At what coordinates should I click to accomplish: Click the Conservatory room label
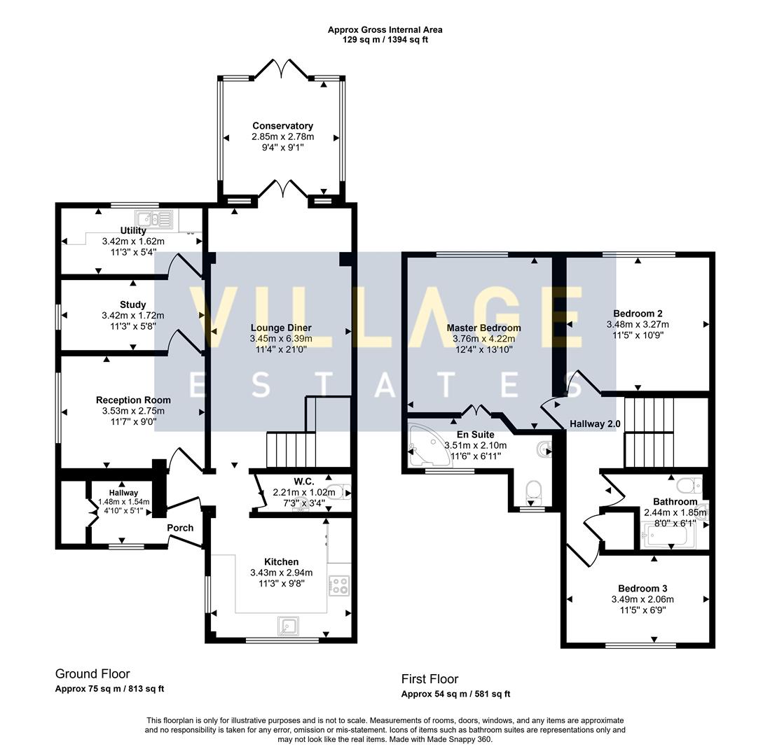pyautogui.click(x=282, y=126)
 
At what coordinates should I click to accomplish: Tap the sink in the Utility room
pyautogui.click(x=153, y=220)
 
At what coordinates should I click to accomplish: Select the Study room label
pyautogui.click(x=132, y=304)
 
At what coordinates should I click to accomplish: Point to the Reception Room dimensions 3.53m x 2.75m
pyautogui.click(x=133, y=411)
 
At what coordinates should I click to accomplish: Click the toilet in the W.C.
pyautogui.click(x=339, y=491)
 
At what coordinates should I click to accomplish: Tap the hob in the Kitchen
pyautogui.click(x=339, y=584)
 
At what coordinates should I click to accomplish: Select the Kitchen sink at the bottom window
pyautogui.click(x=288, y=626)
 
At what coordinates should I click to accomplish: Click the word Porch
pyautogui.click(x=180, y=528)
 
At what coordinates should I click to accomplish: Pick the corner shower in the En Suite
pyautogui.click(x=428, y=445)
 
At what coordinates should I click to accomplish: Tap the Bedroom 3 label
pyautogui.click(x=642, y=588)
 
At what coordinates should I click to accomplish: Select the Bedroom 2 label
pyautogui.click(x=638, y=314)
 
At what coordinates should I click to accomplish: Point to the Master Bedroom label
pyautogui.click(x=483, y=328)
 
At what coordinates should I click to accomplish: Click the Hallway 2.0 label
pyautogui.click(x=595, y=424)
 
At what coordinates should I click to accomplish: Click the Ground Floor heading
pyautogui.click(x=92, y=673)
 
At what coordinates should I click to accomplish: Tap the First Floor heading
pyautogui.click(x=429, y=679)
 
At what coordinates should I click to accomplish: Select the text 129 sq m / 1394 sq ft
pyautogui.click(x=385, y=40)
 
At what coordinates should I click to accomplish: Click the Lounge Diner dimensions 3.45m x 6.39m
pyautogui.click(x=281, y=339)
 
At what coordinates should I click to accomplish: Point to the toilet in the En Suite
pyautogui.click(x=532, y=491)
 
